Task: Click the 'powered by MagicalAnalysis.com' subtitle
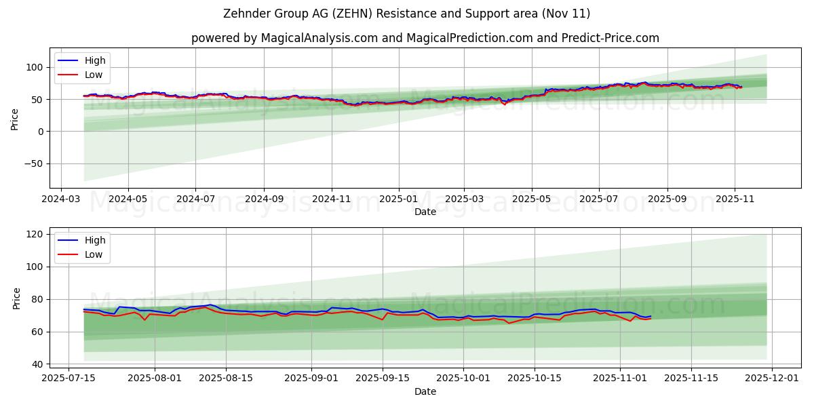tap(425, 38)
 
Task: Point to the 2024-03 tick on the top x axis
tap(62, 199)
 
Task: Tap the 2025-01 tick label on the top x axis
tap(398, 199)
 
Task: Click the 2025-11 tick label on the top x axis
tap(735, 199)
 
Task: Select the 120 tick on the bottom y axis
tap(35, 234)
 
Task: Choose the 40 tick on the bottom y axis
tap(38, 364)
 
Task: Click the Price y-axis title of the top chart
tap(15, 119)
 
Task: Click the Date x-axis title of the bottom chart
tap(425, 391)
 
